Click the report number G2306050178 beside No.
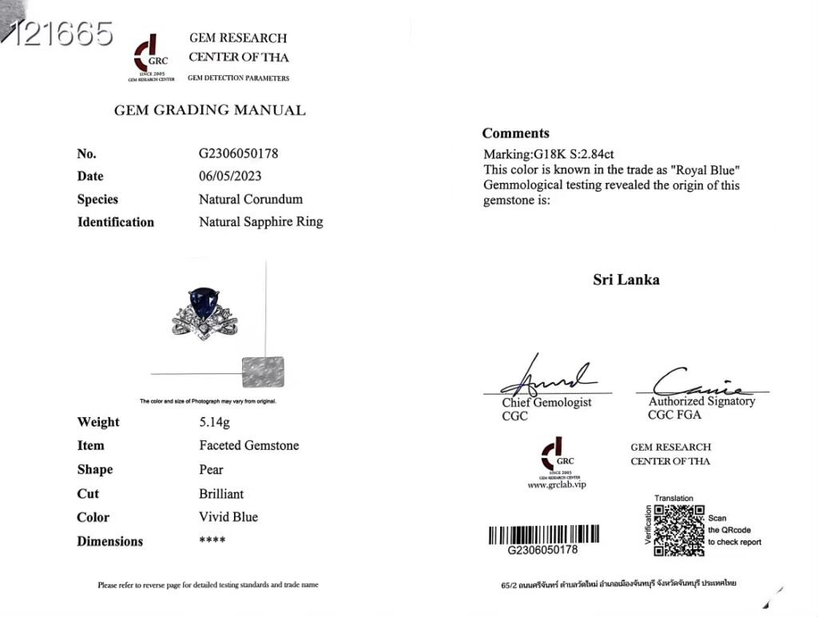tap(238, 153)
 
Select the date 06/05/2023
tap(229, 176)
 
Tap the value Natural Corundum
tap(251, 199)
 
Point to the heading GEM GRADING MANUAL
tap(210, 110)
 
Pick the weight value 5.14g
tap(215, 422)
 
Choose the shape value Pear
tap(211, 469)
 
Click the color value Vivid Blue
tap(228, 517)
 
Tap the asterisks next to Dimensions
tap(212, 541)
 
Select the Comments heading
tap(515, 133)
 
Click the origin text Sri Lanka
tap(626, 280)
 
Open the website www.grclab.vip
tap(557, 485)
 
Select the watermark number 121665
tap(58, 34)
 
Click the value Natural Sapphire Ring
tap(260, 221)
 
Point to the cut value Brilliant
tap(221, 493)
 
